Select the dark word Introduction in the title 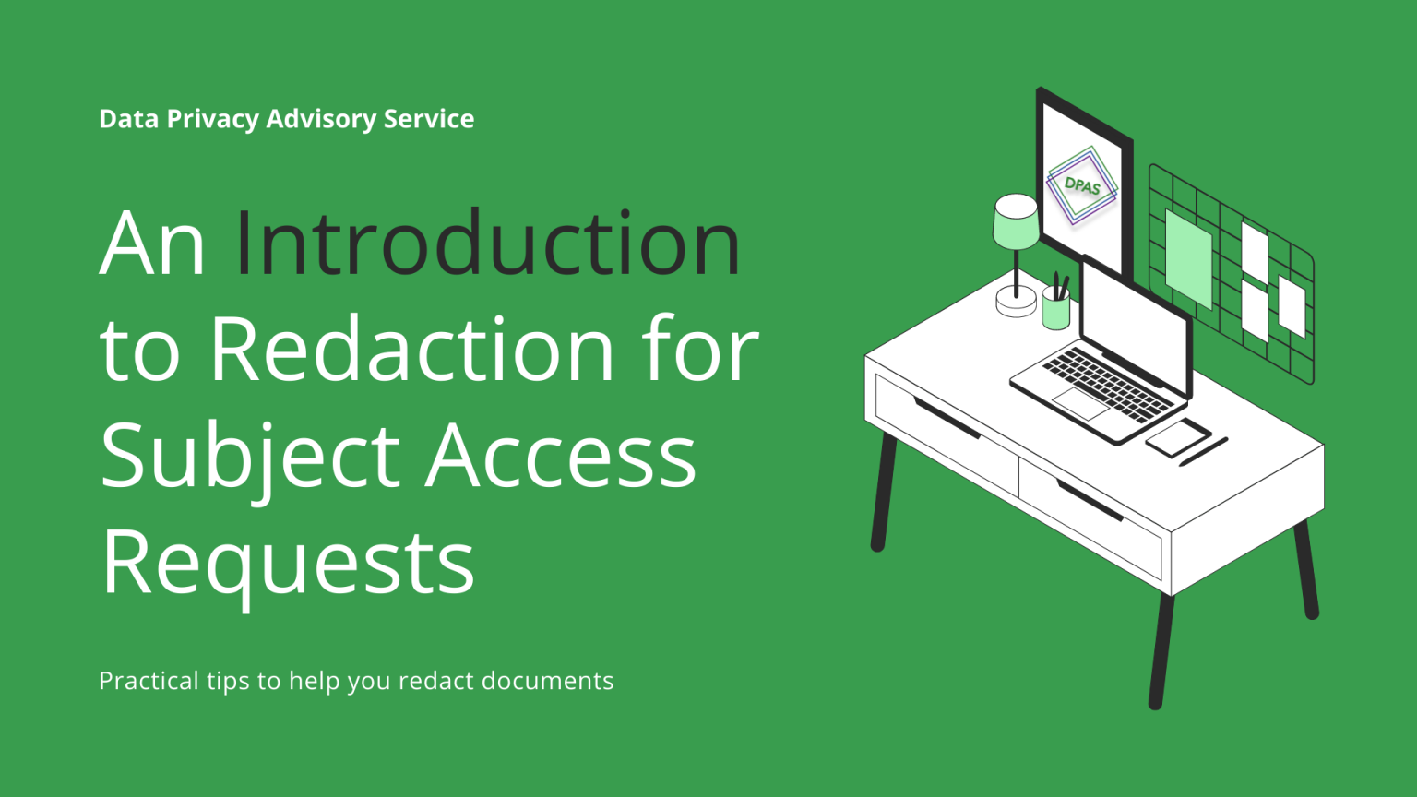click(x=487, y=244)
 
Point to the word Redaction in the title click(x=412, y=350)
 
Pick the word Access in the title click(x=560, y=456)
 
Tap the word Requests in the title click(x=288, y=562)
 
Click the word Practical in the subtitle click(x=149, y=681)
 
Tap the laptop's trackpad click(x=1080, y=402)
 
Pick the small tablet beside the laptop click(x=1178, y=435)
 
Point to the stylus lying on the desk click(x=1204, y=451)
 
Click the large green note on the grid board click(x=1189, y=258)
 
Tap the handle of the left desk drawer click(x=947, y=418)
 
